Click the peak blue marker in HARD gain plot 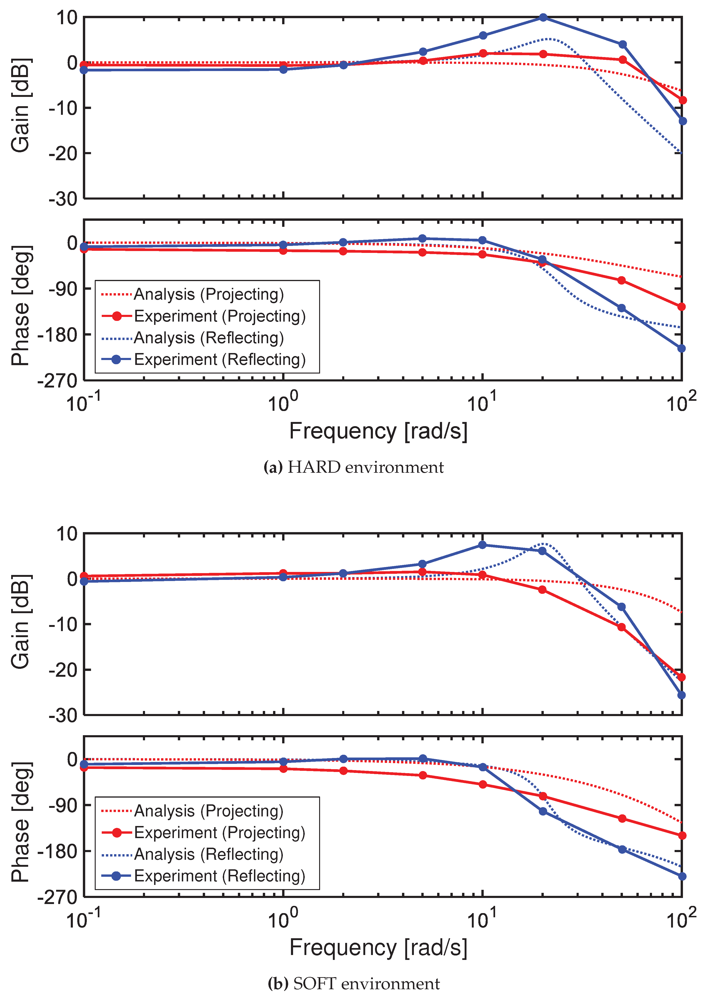[543, 17]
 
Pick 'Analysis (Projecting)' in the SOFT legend [209, 811]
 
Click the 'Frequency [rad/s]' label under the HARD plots [378, 432]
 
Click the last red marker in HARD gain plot [682, 100]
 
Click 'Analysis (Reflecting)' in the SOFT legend [209, 854]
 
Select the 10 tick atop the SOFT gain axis [67, 534]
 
